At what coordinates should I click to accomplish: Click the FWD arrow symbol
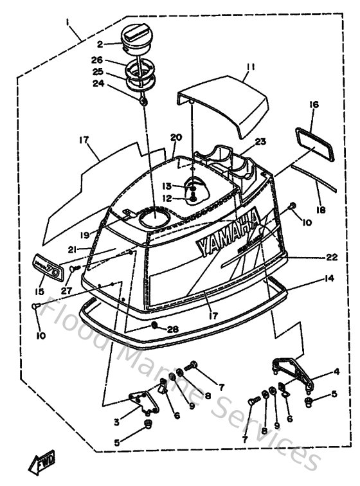42,462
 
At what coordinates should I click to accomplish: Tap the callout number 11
251,66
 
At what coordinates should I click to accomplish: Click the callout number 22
331,256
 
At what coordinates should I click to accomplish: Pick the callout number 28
172,329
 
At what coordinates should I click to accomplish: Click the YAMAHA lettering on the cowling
225,236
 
